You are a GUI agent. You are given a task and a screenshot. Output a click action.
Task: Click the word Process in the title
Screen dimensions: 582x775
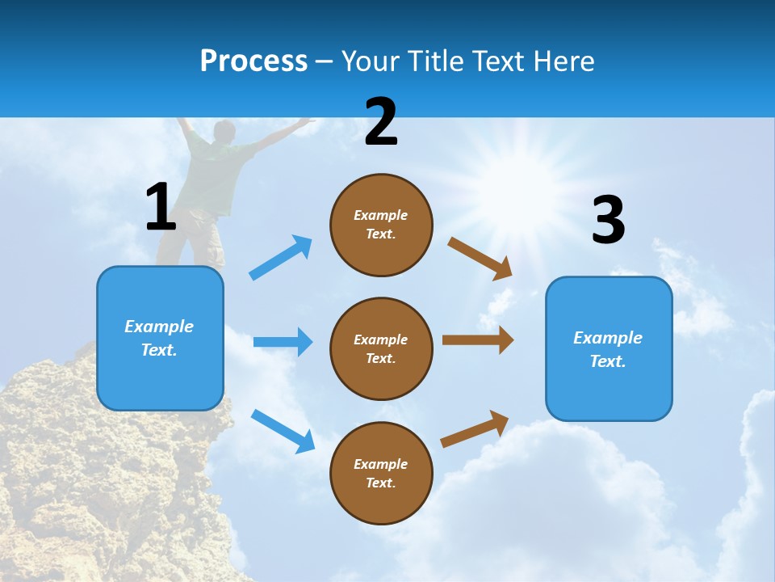tap(253, 61)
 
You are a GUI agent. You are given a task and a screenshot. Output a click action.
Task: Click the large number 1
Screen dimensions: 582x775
tap(161, 207)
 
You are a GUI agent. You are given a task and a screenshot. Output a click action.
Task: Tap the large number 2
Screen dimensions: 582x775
tap(381, 122)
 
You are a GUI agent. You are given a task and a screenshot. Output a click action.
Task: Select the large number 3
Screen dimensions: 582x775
tap(608, 220)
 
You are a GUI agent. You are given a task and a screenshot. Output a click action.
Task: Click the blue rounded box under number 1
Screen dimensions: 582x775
tap(160, 338)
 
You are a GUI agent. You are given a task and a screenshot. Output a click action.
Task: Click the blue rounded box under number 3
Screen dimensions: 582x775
tap(609, 348)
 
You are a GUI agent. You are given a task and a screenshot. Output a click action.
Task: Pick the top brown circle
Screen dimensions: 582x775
tap(381, 225)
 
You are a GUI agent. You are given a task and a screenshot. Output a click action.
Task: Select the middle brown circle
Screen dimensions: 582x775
tap(381, 348)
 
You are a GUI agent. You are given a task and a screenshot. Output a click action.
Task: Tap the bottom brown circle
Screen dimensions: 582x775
tap(381, 473)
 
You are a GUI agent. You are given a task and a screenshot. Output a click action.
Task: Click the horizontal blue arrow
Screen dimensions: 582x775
tap(283, 342)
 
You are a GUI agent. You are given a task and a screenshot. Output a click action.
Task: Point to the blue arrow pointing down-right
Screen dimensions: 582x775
tap(283, 430)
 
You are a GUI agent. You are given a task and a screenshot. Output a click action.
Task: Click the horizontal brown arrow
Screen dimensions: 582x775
tap(478, 340)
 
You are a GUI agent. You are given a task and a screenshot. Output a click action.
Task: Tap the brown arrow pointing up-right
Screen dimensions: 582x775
tap(475, 428)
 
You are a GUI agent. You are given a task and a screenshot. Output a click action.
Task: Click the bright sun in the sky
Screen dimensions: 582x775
tap(492, 170)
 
